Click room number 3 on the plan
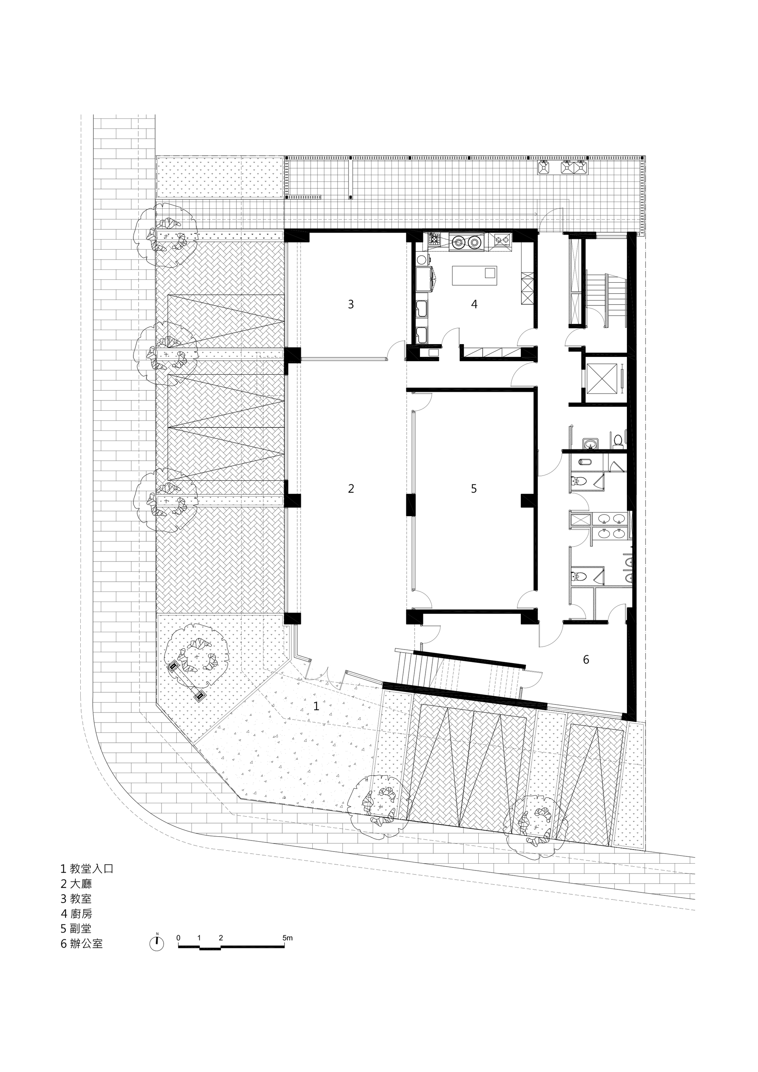pos(351,304)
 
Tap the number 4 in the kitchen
pos(474,304)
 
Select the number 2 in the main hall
pos(351,489)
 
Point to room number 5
pos(474,489)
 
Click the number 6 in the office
pos(586,660)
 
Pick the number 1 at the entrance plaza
pos(316,706)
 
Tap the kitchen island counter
pos(474,275)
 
